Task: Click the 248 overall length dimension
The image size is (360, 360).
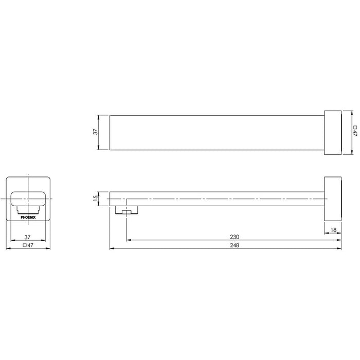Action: click(235, 245)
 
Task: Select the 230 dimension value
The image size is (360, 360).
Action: click(235, 237)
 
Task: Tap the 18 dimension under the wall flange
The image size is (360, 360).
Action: click(334, 229)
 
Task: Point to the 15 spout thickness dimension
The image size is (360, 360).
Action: click(96, 198)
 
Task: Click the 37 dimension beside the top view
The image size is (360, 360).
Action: click(96, 132)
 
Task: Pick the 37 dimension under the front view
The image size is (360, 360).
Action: click(27, 237)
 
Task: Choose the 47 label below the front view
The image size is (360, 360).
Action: click(30, 245)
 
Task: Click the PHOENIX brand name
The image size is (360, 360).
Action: click(28, 217)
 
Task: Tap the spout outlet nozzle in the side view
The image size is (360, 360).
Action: click(127, 210)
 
